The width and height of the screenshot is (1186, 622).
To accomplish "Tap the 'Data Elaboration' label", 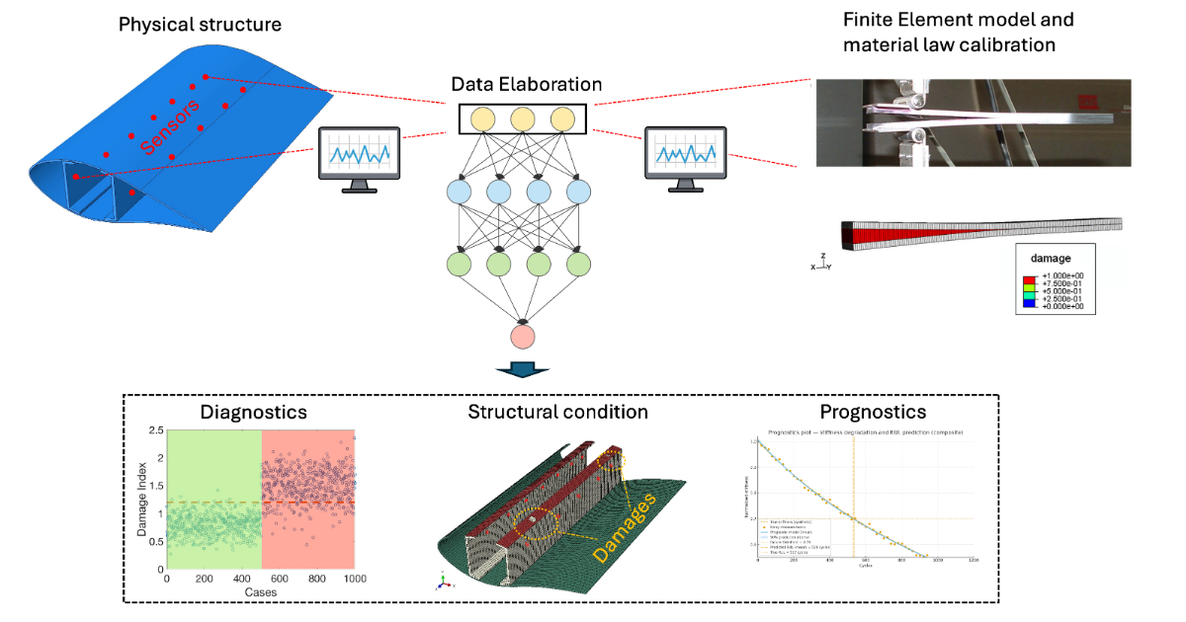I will [526, 85].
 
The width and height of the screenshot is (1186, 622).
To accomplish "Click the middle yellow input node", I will [524, 118].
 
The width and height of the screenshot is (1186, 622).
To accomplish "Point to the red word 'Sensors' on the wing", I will [170, 126].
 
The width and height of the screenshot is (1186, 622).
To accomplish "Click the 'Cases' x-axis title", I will [261, 592].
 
